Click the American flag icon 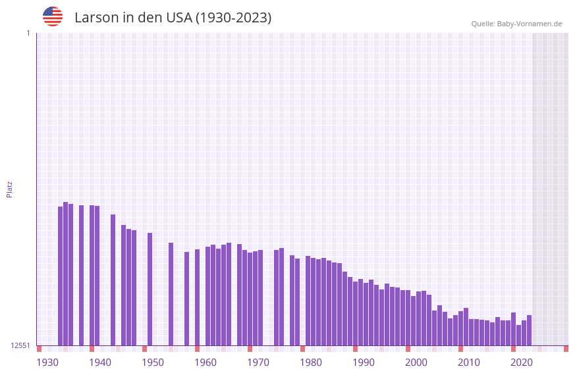click(x=53, y=16)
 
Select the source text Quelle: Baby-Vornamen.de click(x=516, y=24)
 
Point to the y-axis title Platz click(x=9, y=189)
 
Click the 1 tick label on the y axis click(x=28, y=33)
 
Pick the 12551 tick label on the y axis click(x=20, y=345)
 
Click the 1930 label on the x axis click(x=47, y=362)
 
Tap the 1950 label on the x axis click(x=153, y=362)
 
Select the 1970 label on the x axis click(x=258, y=362)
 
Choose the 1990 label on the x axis click(x=364, y=362)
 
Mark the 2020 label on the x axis click(x=522, y=362)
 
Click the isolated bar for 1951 click(x=150, y=289)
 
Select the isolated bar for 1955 click(x=171, y=294)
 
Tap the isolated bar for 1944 click(x=113, y=280)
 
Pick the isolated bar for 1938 click(x=82, y=275)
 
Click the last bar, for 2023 click(x=530, y=330)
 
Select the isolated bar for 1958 click(x=187, y=299)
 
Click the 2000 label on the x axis click(x=416, y=362)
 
